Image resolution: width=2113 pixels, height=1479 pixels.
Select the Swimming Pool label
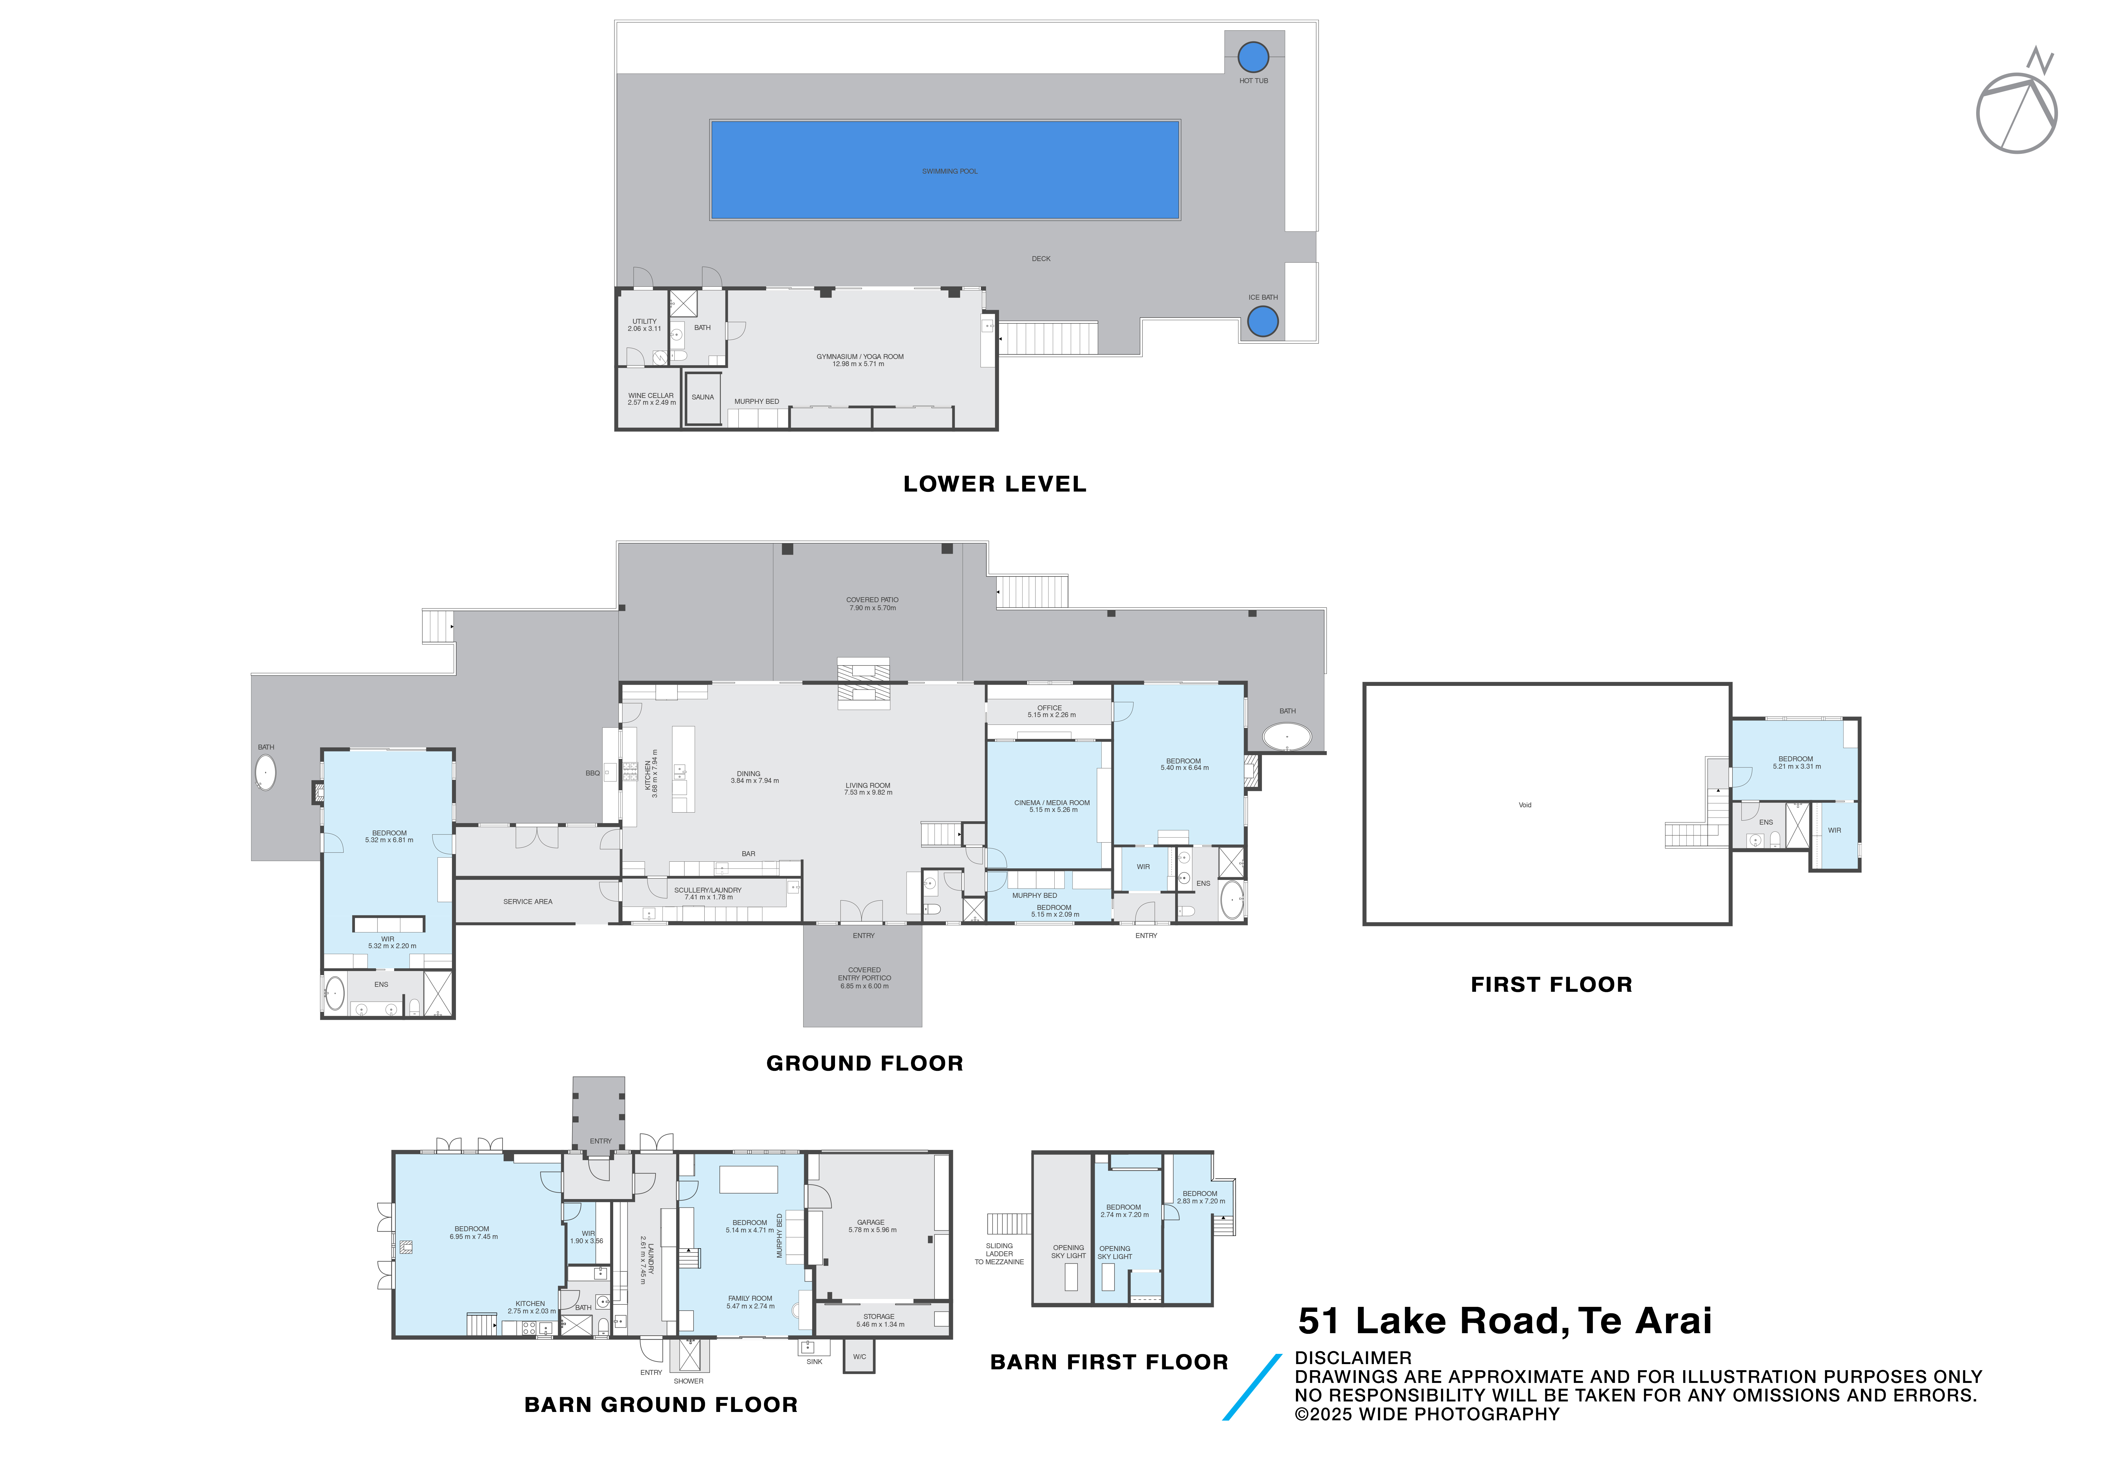coord(950,171)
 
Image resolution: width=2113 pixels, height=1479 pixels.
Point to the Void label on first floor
coord(1525,805)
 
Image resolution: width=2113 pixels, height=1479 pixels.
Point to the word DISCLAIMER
coord(1353,1359)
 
